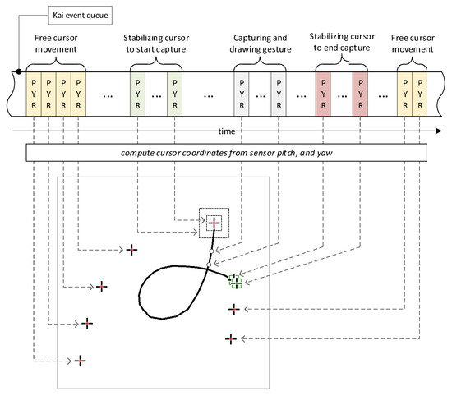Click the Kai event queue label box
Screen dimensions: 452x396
(x=81, y=16)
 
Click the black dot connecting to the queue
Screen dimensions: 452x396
(x=19, y=71)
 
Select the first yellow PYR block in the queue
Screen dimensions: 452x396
(x=34, y=94)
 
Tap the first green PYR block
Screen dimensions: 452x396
(x=137, y=94)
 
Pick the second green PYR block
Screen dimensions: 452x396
(x=175, y=94)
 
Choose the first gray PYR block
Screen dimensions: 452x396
(x=242, y=94)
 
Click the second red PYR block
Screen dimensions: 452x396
(x=360, y=94)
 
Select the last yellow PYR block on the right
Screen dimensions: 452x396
(x=420, y=94)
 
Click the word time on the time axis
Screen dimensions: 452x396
(x=227, y=131)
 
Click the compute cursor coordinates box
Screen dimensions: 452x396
(x=227, y=153)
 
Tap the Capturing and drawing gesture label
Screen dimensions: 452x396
(x=261, y=44)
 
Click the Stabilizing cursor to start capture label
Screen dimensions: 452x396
(x=156, y=44)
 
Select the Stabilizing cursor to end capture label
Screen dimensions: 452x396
(x=342, y=42)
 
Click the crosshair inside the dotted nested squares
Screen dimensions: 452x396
(x=214, y=223)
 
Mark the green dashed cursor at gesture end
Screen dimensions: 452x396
(x=236, y=282)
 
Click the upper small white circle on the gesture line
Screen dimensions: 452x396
(x=211, y=251)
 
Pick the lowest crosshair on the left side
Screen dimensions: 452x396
(x=81, y=361)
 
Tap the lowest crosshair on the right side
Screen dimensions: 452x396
(x=231, y=339)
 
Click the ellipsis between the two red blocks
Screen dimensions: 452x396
(x=342, y=96)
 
